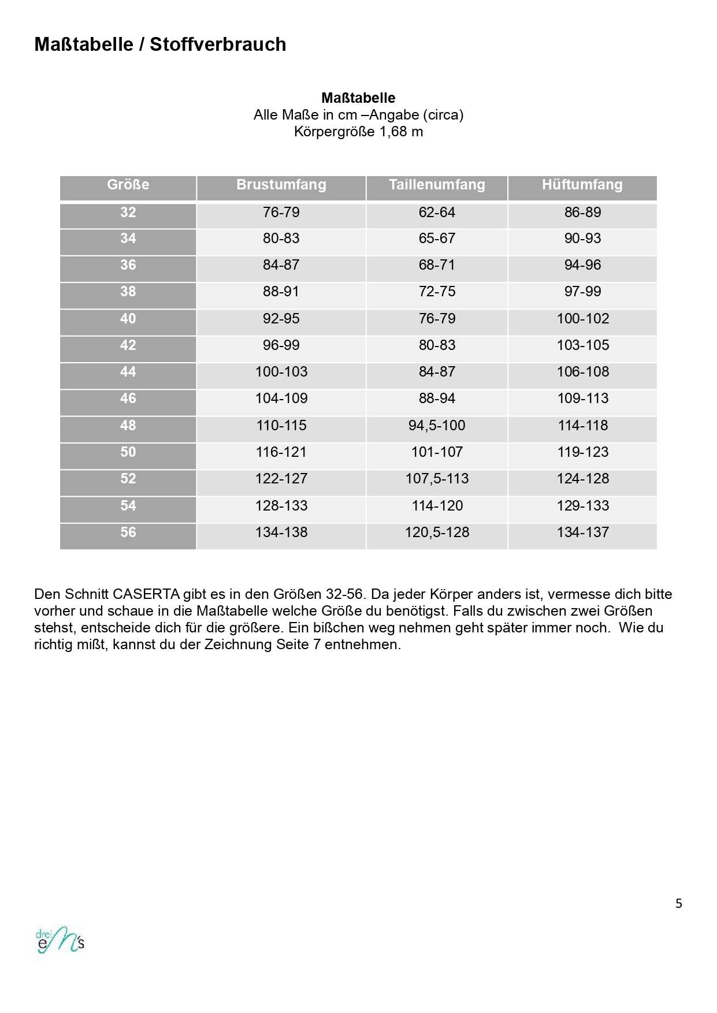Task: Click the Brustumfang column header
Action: pos(281,185)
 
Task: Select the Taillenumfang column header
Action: pos(437,185)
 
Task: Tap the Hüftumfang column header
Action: pos(582,185)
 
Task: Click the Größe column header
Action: pos(128,185)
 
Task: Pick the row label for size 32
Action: pos(128,213)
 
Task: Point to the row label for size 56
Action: pos(128,532)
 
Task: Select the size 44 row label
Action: pos(128,372)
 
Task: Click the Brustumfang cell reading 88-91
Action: pos(281,292)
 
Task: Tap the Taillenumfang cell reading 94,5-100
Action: pos(437,426)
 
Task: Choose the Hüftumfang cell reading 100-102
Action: pos(582,319)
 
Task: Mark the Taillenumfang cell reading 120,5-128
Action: pos(437,532)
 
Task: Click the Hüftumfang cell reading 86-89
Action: pos(582,213)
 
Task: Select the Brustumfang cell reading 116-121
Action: pos(281,452)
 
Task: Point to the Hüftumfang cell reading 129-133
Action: pos(582,506)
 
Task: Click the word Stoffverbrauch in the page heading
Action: pos(218,44)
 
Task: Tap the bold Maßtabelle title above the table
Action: pos(358,98)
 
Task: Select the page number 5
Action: pos(679,903)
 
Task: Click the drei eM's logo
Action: pos(60,942)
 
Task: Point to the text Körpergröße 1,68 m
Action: pos(358,132)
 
